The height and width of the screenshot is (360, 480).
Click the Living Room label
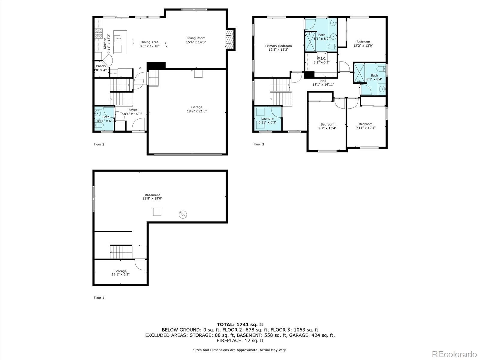click(x=196, y=38)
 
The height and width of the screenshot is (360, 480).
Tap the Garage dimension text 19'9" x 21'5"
click(x=196, y=111)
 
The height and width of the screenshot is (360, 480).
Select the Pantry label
click(x=101, y=66)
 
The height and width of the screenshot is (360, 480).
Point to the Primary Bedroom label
click(x=278, y=46)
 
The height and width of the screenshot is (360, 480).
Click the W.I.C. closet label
click(x=321, y=58)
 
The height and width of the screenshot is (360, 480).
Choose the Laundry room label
click(x=267, y=118)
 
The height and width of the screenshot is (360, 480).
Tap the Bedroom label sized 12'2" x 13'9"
click(x=363, y=42)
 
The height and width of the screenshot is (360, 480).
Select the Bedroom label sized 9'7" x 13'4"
click(x=327, y=124)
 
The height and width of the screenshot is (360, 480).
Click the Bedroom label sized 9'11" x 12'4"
click(x=365, y=124)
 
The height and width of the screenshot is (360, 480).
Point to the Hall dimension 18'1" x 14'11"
click(x=323, y=85)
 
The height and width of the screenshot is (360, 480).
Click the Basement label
click(x=152, y=195)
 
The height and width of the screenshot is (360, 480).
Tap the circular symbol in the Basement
click(x=183, y=214)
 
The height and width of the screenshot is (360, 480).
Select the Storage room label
click(x=120, y=271)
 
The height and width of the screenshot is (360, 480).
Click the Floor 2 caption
click(x=99, y=144)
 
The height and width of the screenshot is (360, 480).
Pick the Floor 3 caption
click(x=259, y=144)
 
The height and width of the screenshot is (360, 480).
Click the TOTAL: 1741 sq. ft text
click(x=240, y=324)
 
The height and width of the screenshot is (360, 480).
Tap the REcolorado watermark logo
click(x=454, y=354)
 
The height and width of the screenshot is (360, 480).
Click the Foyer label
click(x=133, y=110)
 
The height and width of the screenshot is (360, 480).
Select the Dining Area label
click(x=149, y=42)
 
